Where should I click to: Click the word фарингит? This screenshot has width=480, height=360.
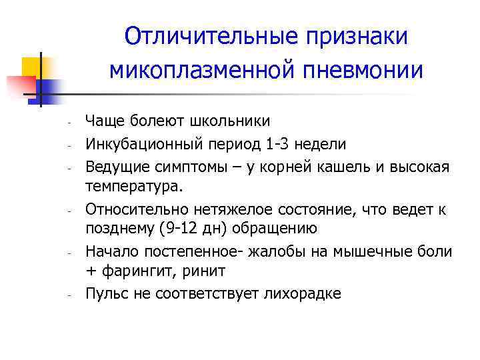pyautogui.click(x=137, y=271)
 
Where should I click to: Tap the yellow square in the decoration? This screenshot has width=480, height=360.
pyautogui.click(x=33, y=67)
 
